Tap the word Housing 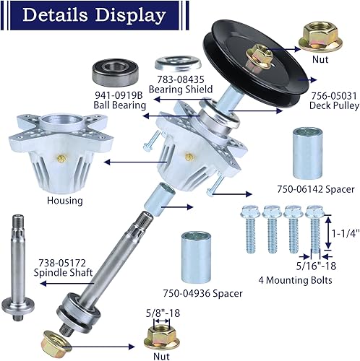tap(64, 201)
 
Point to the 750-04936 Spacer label tap(202, 293)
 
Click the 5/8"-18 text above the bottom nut tap(162, 313)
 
